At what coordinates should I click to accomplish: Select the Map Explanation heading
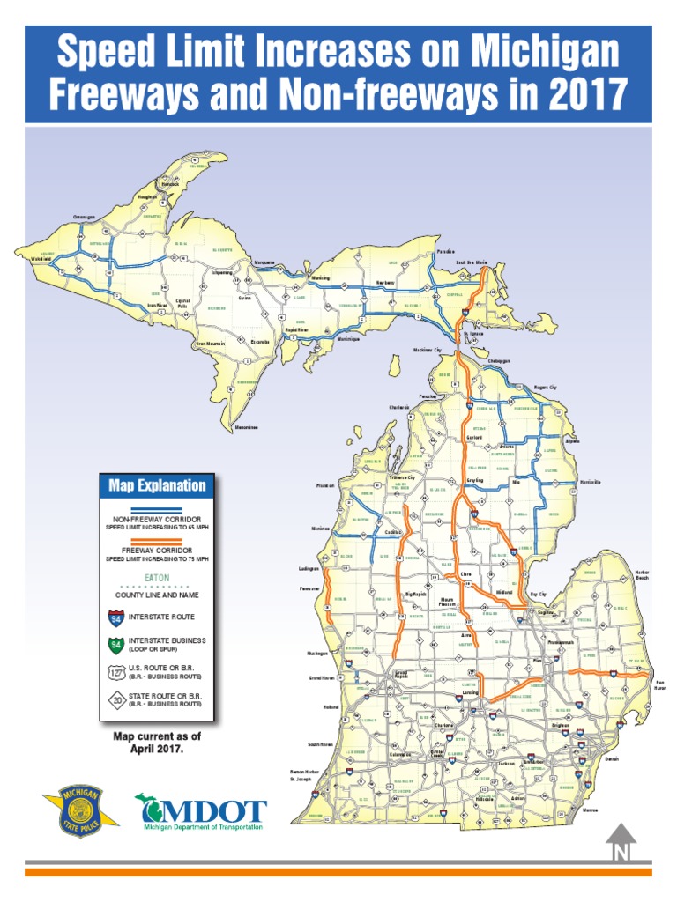(157, 485)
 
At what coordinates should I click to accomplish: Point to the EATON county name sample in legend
(157, 579)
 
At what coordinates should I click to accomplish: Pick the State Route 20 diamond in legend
(112, 701)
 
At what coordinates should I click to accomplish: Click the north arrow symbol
(621, 842)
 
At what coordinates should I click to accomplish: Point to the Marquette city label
(264, 262)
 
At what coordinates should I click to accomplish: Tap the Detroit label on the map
(613, 758)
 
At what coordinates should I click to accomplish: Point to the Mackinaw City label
(428, 350)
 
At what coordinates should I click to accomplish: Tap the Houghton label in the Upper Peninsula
(147, 196)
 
